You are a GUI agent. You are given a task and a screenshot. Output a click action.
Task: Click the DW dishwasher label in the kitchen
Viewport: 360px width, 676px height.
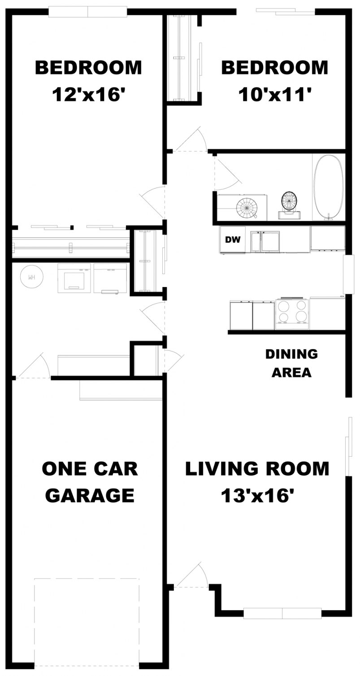233,240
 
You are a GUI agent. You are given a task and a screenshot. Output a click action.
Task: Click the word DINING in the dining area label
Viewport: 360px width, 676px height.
291,354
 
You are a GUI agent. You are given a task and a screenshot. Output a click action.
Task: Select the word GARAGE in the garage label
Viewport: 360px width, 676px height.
90,496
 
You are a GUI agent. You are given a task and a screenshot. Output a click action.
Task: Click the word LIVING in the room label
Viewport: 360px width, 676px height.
217,469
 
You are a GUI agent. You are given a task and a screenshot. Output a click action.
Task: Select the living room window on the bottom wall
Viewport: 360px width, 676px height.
282,613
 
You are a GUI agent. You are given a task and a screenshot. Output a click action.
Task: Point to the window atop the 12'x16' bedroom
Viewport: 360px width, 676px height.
87,12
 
